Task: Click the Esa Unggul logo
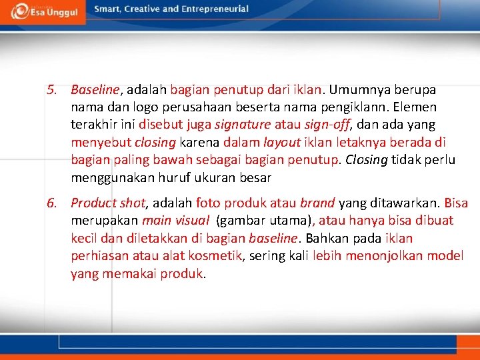pos(41,11)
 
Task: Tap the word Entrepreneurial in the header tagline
pos(214,9)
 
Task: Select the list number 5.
pos(51,89)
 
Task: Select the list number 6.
pos(51,203)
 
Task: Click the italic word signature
pos(245,125)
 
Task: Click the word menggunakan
pos(111,178)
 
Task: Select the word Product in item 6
pos(93,203)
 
